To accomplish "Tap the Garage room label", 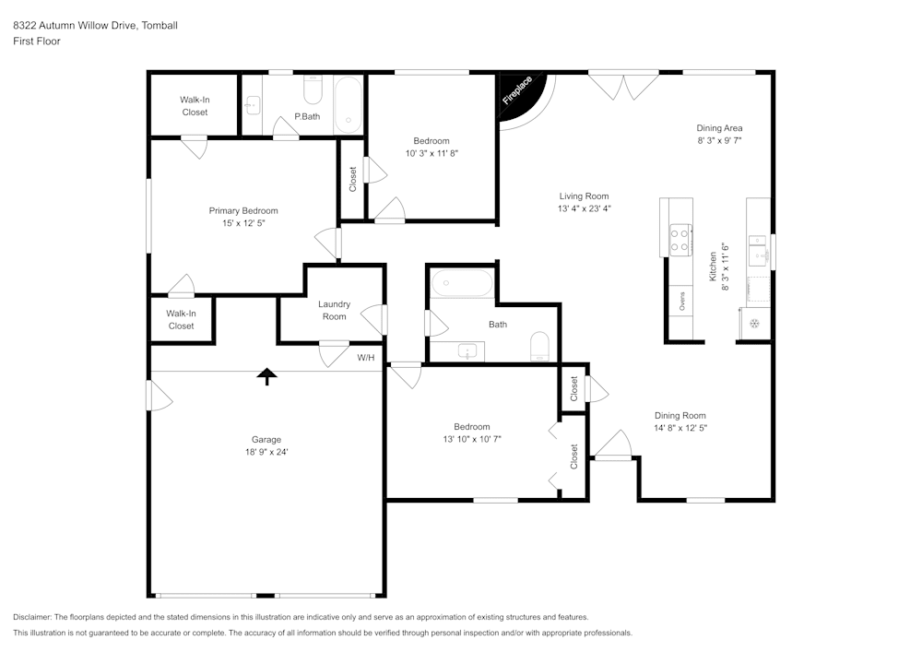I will coord(266,440).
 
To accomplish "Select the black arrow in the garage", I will coord(266,375).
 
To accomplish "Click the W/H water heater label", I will coord(366,357).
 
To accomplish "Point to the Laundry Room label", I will coord(334,311).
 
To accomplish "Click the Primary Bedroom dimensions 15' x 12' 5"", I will coord(243,223).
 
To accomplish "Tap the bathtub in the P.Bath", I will coord(348,104).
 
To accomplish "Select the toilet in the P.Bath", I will coord(313,89).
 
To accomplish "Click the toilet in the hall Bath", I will coord(539,348).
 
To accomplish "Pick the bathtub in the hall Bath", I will coord(462,283).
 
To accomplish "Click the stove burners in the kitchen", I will coord(680,241).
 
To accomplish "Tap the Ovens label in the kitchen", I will coord(681,302).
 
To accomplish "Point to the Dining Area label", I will coord(719,128).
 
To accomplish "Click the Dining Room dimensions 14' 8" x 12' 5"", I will coord(680,428).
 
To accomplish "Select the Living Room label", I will coord(584,196).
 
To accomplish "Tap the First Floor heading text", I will coord(37,41).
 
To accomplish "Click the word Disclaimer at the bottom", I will coord(32,617).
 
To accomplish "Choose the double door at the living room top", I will coord(624,86).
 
